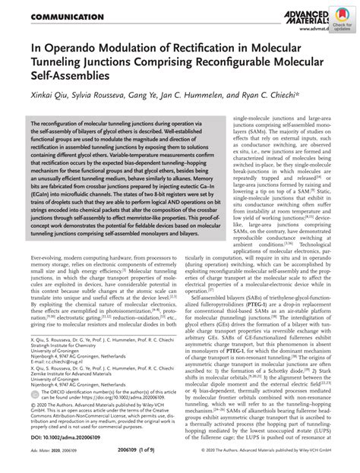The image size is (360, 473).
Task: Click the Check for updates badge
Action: pos(343,24)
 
